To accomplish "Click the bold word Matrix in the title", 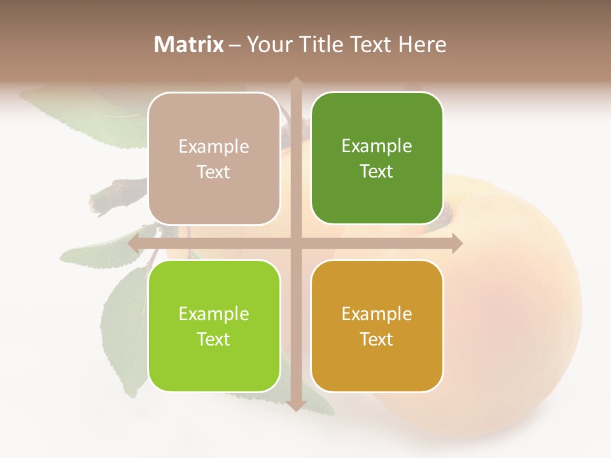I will click(189, 45).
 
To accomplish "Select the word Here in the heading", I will click(422, 45).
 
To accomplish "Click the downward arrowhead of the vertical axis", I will click(295, 405).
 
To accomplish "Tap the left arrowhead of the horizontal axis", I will click(134, 243).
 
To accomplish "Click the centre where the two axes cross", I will click(295, 243).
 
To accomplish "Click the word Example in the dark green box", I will click(377, 146).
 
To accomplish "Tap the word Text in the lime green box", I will click(214, 339).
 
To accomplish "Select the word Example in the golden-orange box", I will click(377, 314).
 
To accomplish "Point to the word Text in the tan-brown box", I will click(214, 172).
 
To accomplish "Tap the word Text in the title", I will click(370, 45).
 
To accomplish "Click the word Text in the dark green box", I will click(377, 171).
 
